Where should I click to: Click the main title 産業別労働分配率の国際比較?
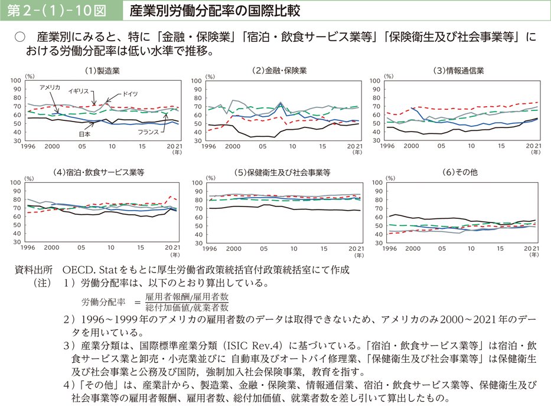198,11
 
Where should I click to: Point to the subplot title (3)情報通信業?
458,71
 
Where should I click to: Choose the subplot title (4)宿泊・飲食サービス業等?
99,173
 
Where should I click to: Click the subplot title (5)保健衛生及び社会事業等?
282,173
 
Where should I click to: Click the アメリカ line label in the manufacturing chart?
50,87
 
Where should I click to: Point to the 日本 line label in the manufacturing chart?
84,135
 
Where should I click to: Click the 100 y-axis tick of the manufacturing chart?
15,80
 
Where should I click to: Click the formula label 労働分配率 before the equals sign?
104,301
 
